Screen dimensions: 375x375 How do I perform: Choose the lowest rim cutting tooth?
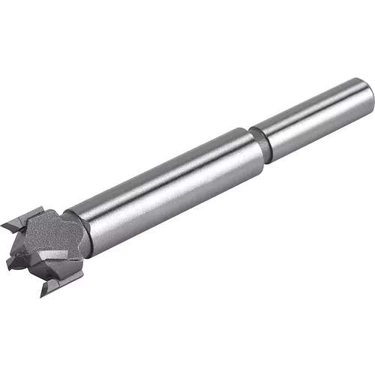click(x=60, y=283)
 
